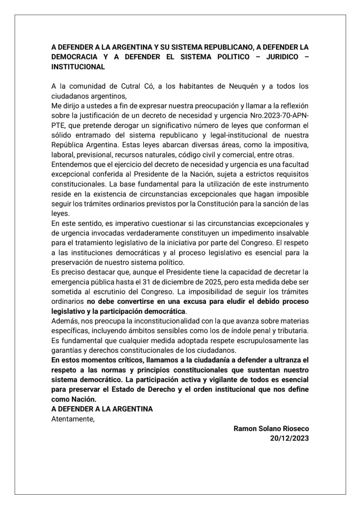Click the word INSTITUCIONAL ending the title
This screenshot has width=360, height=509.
click(x=78, y=67)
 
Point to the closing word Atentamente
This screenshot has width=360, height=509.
click(x=73, y=418)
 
